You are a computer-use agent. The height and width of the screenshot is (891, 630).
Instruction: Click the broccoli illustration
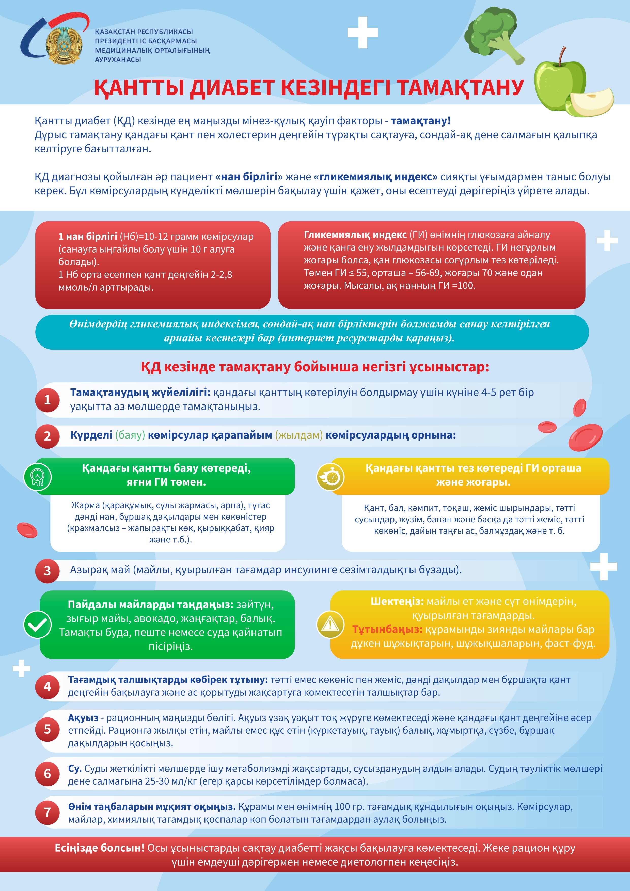(493, 35)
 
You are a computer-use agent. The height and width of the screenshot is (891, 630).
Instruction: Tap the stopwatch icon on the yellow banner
(330, 477)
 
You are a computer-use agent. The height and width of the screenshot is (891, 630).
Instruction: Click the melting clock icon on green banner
(38, 477)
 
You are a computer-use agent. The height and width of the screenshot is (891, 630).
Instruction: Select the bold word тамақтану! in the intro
(420, 121)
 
